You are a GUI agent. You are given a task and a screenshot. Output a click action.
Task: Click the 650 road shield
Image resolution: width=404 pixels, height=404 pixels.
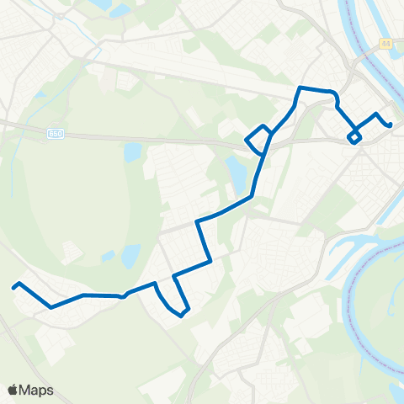[x=56, y=133]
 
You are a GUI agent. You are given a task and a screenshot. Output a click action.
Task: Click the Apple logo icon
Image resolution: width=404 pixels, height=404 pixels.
[x=13, y=390]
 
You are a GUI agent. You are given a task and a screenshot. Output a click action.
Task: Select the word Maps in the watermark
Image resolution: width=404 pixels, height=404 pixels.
[x=37, y=390]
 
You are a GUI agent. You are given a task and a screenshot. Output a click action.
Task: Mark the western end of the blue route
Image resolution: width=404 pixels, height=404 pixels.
[x=13, y=287]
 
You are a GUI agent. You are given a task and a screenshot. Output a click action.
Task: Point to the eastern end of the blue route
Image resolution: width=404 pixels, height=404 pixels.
[x=391, y=126]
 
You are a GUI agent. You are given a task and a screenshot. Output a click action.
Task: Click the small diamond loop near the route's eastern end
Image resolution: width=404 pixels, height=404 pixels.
[x=354, y=137]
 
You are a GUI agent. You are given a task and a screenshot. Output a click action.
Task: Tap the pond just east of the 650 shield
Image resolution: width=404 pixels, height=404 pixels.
[x=132, y=153]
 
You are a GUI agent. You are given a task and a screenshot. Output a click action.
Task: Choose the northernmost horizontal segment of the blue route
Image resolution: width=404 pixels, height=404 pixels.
[x=317, y=89]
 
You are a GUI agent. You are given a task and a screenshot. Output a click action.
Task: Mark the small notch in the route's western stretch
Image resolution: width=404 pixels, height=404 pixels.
[x=124, y=296]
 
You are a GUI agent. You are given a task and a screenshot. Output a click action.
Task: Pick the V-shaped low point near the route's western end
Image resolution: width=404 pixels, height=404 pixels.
[x=51, y=307]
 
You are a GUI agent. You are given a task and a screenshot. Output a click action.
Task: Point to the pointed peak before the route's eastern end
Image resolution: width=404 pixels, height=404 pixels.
[x=376, y=114]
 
